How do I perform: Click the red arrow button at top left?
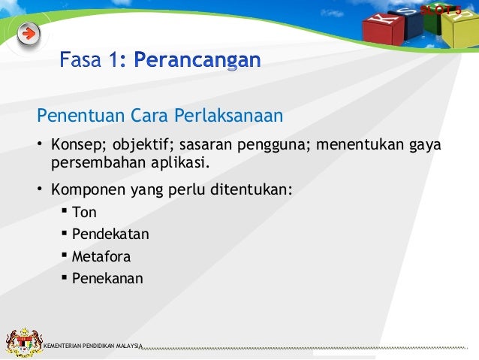[x=29, y=33]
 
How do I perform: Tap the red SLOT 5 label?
[x=441, y=10]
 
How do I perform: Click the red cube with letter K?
[x=380, y=28]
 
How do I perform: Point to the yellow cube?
[x=456, y=29]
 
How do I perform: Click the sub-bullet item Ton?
[x=84, y=213]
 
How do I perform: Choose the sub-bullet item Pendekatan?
[x=110, y=234]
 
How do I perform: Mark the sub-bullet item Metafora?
[x=101, y=256]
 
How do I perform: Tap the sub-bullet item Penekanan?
[x=107, y=278]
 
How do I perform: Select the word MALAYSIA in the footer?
[x=128, y=346]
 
